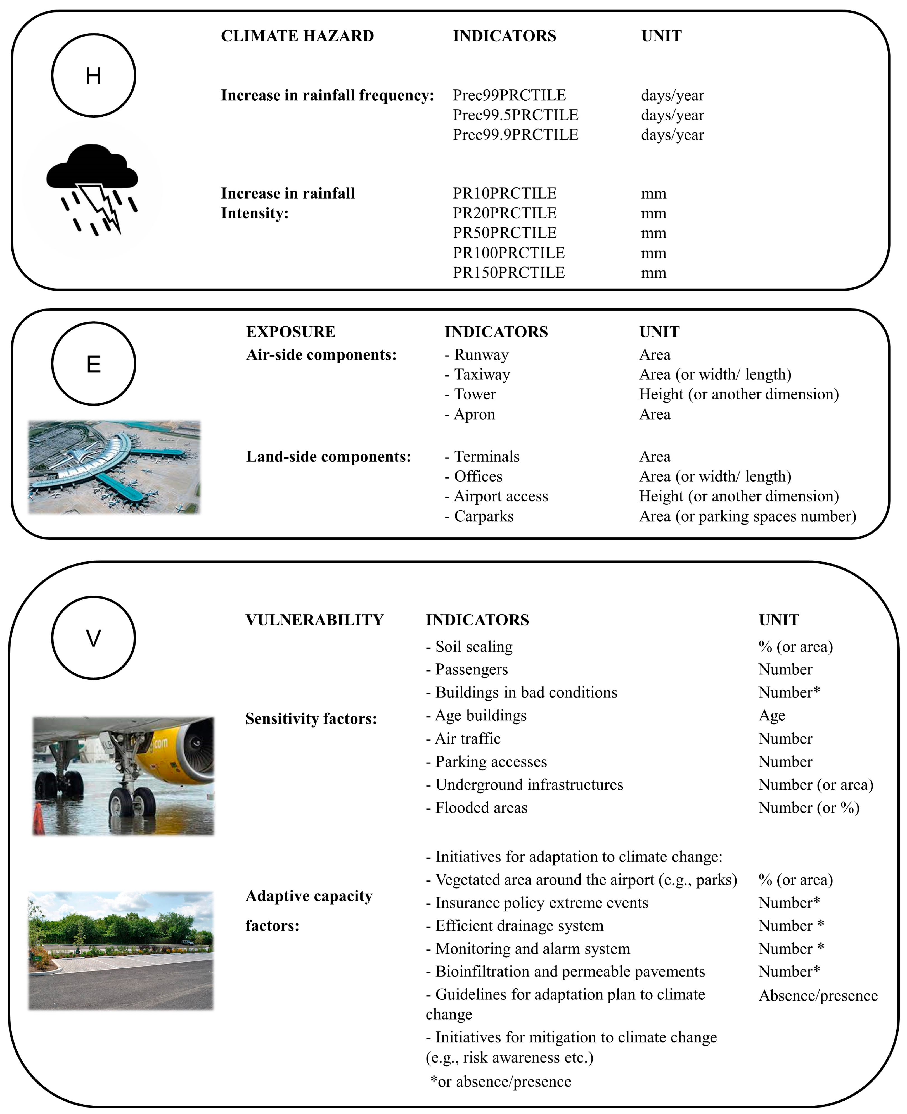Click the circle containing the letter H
point(94,76)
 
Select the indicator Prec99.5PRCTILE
point(515,115)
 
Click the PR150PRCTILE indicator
point(508,273)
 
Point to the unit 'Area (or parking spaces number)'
point(747,516)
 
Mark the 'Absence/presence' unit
point(818,996)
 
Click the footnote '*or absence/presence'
point(501,1081)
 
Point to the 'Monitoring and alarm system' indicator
point(528,949)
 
